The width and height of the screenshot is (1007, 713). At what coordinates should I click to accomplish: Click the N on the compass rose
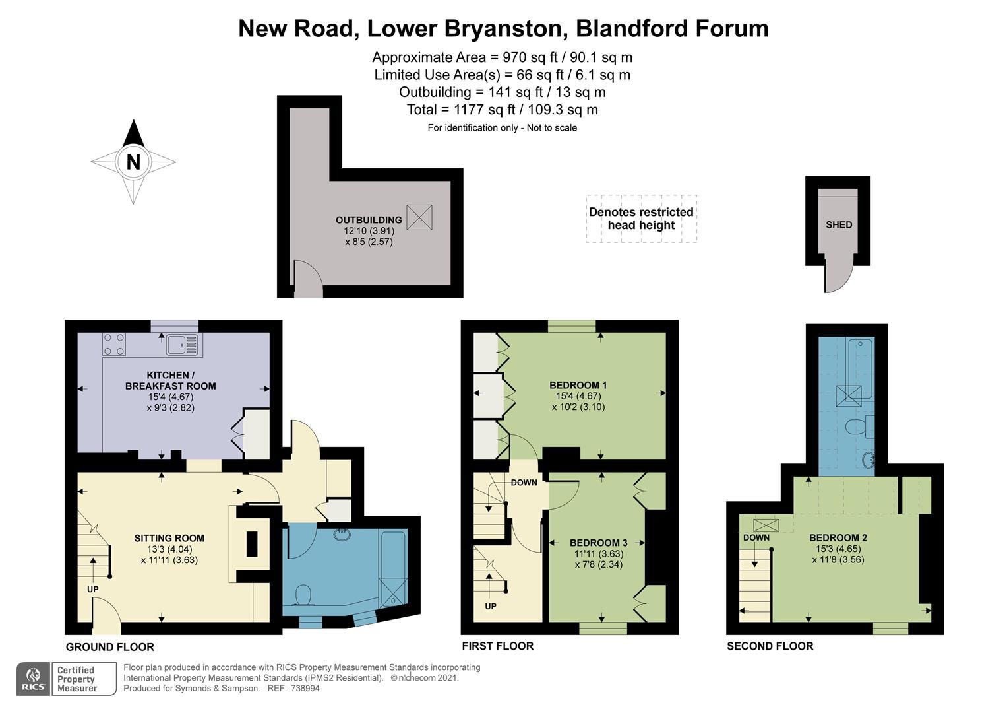133,162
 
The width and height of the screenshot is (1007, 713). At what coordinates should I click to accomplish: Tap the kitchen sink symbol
182,344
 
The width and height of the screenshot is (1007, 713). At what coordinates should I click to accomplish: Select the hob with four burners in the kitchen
114,344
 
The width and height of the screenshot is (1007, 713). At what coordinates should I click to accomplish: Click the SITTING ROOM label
169,538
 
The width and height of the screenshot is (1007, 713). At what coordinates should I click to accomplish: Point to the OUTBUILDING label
369,220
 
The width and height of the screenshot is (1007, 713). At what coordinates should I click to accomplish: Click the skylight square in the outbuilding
419,217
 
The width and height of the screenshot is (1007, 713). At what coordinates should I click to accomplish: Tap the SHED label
839,224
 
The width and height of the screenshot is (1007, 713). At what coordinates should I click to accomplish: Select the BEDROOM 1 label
578,385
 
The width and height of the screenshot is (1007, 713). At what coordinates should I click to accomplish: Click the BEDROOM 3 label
598,543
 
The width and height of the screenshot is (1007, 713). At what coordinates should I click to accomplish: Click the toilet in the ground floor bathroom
304,595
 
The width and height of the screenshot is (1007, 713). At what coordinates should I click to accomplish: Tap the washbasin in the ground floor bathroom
342,534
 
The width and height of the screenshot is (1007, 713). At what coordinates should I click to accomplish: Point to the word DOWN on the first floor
524,483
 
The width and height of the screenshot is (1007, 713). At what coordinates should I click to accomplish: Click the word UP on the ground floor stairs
92,588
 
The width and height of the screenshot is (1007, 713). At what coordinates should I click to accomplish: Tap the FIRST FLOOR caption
497,646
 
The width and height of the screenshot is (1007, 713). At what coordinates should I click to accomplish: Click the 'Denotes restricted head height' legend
641,219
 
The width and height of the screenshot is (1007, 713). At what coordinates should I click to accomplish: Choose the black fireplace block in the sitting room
252,544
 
